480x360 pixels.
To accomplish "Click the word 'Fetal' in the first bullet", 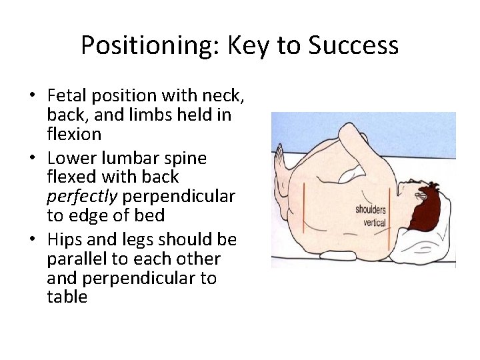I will pyautogui.click(x=68, y=97).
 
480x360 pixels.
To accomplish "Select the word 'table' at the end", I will pyautogui.click(x=67, y=297).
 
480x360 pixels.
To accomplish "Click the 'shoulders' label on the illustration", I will pyautogui.click(x=370, y=209).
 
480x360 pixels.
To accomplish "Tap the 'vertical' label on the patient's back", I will pyautogui.click(x=374, y=222).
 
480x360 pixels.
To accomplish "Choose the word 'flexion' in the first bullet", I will pyautogui.click(x=74, y=134).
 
